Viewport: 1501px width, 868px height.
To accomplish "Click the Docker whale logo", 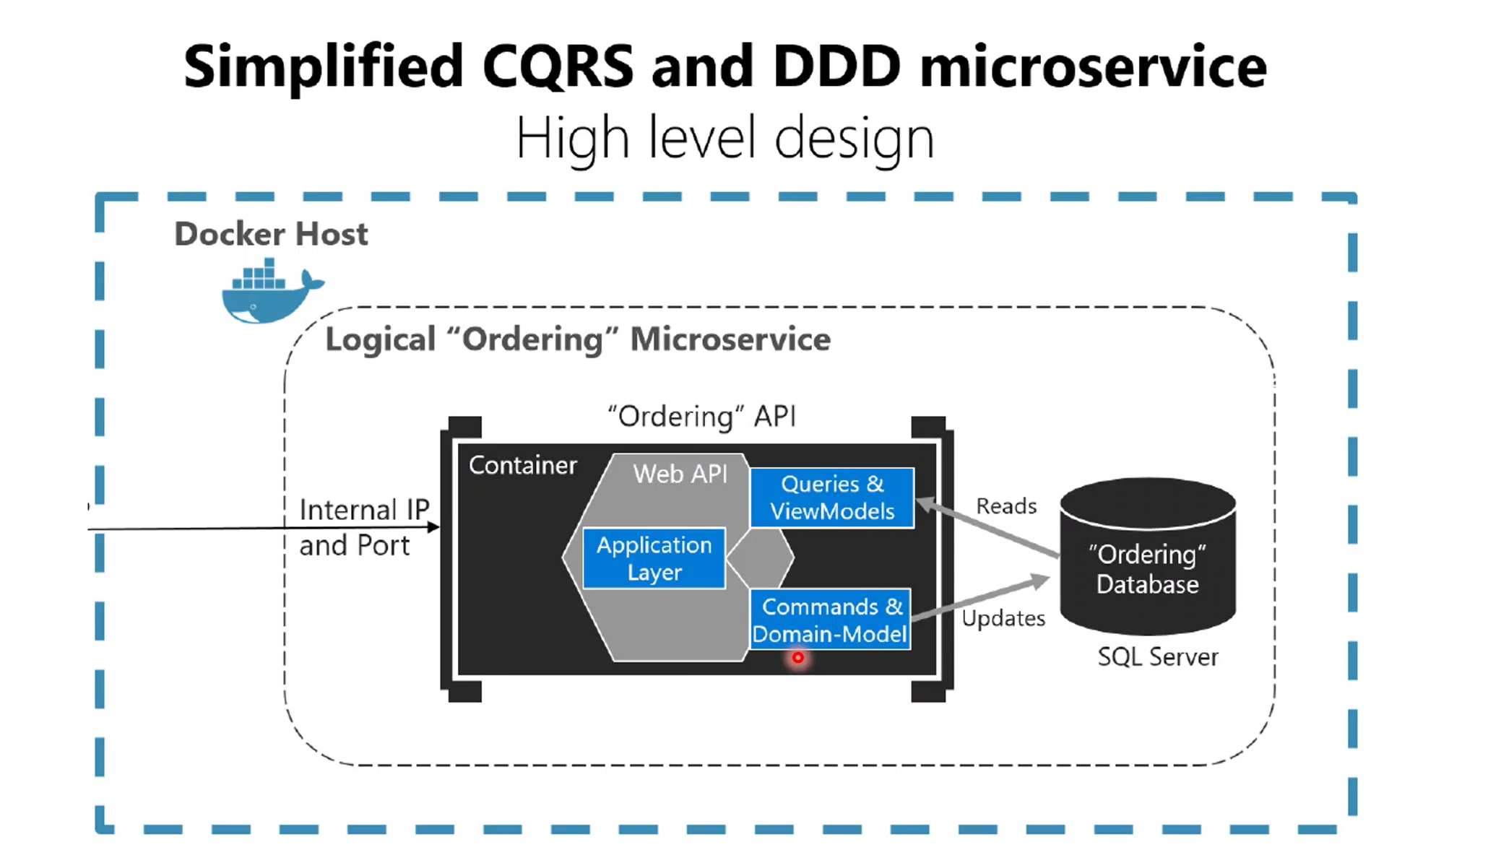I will pyautogui.click(x=269, y=292).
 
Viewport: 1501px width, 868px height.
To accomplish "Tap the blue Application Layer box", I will pyautogui.click(x=654, y=558).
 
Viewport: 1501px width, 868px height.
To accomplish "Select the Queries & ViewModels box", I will pyautogui.click(x=832, y=498).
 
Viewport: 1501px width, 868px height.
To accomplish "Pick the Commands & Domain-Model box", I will pyautogui.click(x=829, y=620).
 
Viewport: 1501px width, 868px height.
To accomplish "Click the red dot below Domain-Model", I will pyautogui.click(x=797, y=658).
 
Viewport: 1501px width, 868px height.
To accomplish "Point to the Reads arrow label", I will pyautogui.click(x=1005, y=506).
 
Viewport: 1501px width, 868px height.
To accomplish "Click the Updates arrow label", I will pyautogui.click(x=1003, y=618).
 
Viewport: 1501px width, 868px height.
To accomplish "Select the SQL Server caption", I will pyautogui.click(x=1157, y=657).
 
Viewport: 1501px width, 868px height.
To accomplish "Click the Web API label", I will pyautogui.click(x=680, y=474).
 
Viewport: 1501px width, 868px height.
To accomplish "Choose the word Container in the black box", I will pyautogui.click(x=522, y=466).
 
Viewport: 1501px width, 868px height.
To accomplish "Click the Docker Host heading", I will pyautogui.click(x=271, y=234).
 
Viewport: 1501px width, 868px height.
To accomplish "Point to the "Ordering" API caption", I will pyautogui.click(x=701, y=417).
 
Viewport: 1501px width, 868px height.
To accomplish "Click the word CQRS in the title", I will pyautogui.click(x=557, y=66).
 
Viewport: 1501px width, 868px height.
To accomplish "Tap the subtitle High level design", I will pyautogui.click(x=724, y=138).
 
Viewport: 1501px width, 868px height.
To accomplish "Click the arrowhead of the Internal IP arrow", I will pyautogui.click(x=433, y=527).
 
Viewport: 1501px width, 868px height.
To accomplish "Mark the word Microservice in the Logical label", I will pyautogui.click(x=730, y=339).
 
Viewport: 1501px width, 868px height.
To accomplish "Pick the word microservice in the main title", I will pyautogui.click(x=1093, y=66).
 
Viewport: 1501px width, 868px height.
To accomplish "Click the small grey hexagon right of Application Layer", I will pyautogui.click(x=761, y=557).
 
